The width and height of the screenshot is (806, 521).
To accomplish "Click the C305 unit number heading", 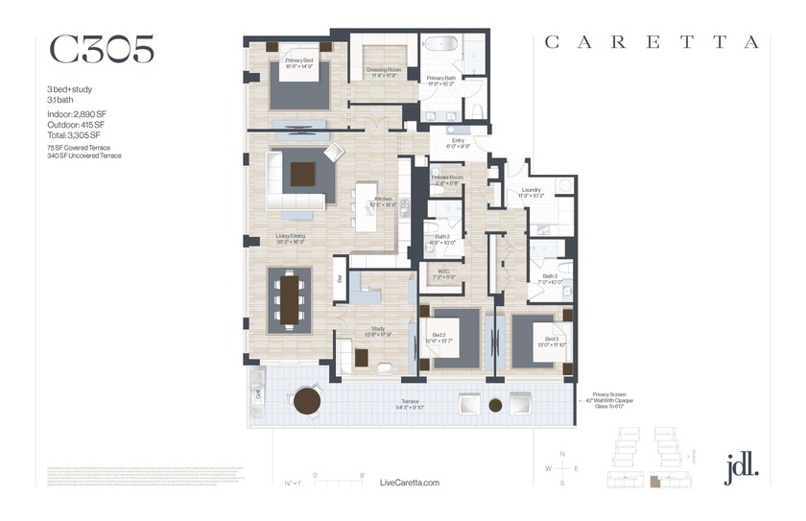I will coord(101,50).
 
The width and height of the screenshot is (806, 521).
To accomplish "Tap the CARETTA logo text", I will coord(652,42).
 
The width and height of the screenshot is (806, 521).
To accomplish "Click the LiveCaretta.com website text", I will coord(410,483).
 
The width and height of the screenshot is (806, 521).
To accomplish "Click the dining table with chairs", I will coord(290,298).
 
